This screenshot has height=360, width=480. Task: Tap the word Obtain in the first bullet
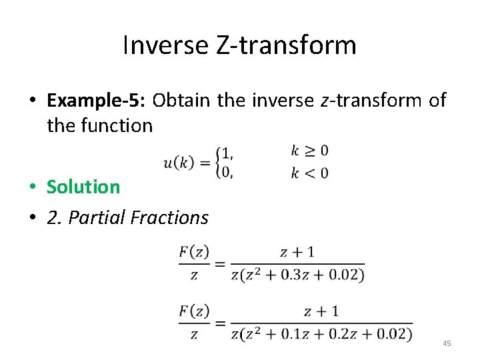[181, 100]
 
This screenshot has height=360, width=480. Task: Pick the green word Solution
[83, 187]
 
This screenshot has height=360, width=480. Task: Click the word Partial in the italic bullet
[96, 217]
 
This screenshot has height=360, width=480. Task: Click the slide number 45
[447, 343]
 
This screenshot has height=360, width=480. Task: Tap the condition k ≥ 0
[309, 151]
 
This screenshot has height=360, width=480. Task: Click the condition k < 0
[309, 173]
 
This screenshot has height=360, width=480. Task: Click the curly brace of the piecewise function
[218, 162]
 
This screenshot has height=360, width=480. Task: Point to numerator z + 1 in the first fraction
[297, 252]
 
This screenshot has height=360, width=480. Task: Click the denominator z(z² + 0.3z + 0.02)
[297, 274]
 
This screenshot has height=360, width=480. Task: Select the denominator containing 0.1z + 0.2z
[321, 333]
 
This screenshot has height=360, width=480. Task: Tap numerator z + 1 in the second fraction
[321, 311]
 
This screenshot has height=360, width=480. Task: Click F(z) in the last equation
[194, 311]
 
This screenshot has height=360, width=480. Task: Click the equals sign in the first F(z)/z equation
[221, 263]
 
